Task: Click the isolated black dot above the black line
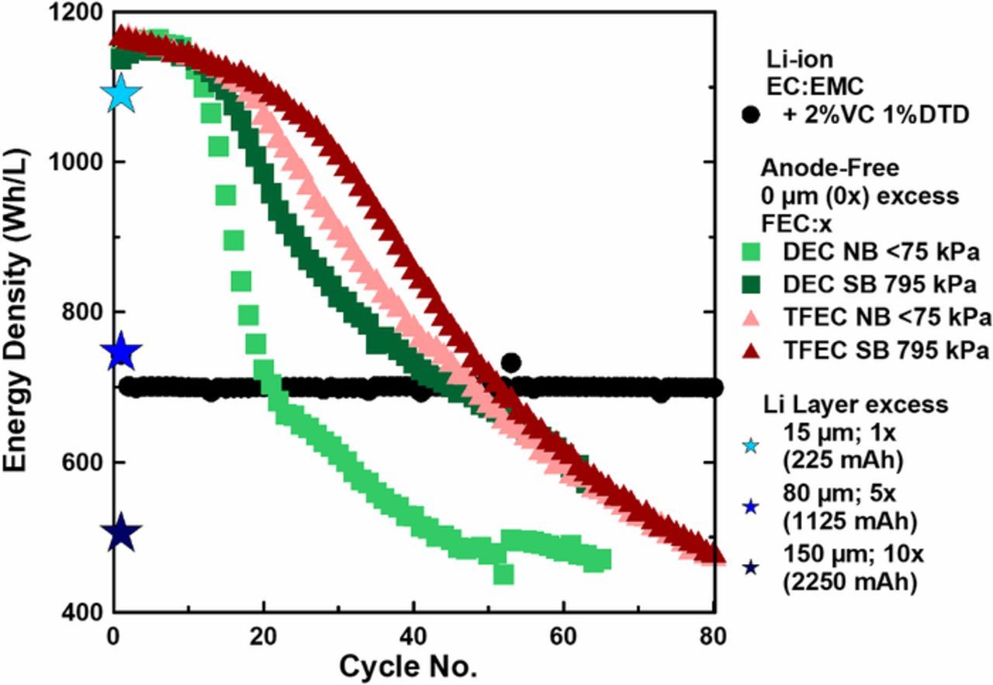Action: (510, 362)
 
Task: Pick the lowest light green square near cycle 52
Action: (503, 574)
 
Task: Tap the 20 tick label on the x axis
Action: (264, 637)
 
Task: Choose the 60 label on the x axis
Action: (564, 637)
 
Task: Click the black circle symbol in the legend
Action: (750, 116)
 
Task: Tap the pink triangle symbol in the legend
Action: (750, 317)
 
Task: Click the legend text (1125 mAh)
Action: (849, 522)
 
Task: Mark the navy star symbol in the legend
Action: (750, 569)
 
